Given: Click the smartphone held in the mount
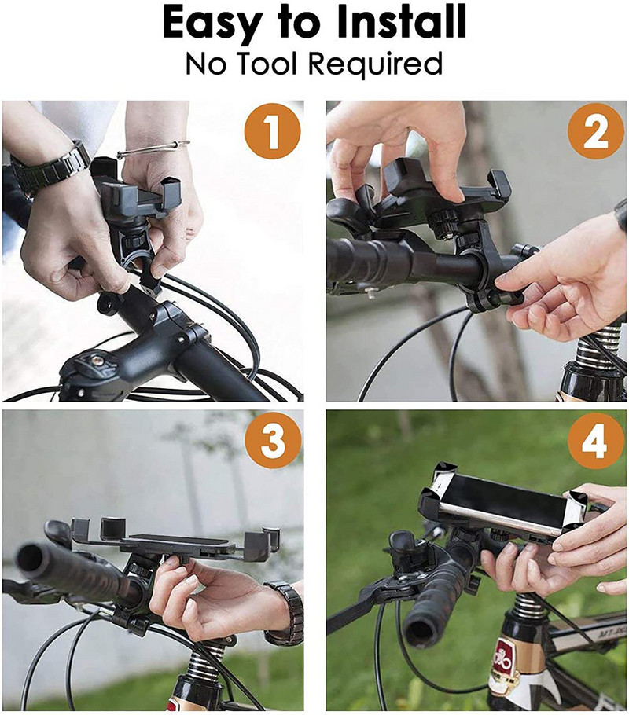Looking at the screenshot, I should [504, 503].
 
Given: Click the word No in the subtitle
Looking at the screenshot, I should [204, 64].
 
